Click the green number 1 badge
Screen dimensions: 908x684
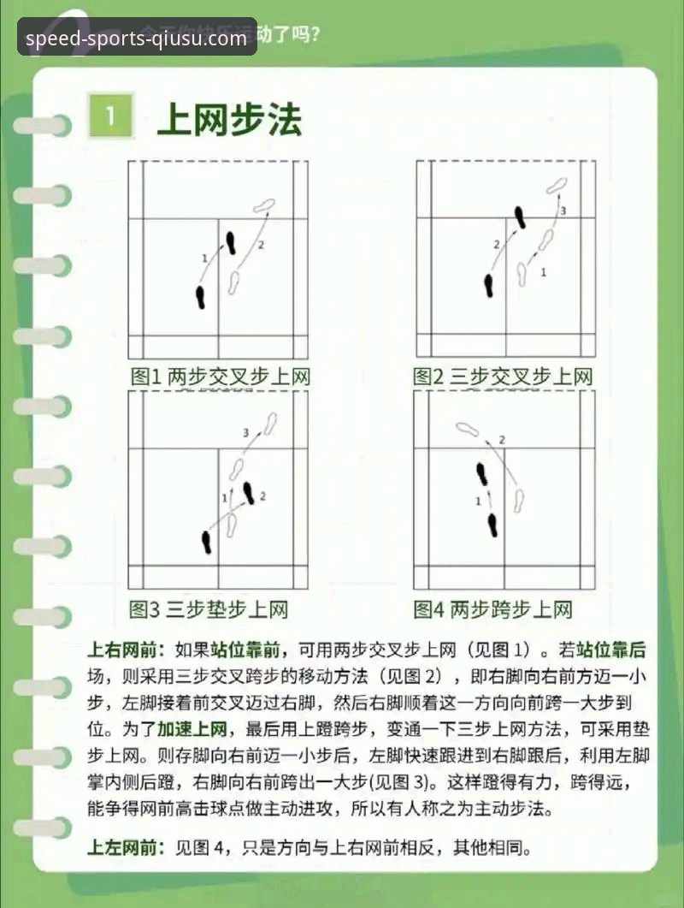(x=111, y=117)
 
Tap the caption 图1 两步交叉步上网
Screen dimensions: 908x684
(x=219, y=377)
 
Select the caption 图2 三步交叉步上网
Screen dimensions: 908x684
(x=503, y=377)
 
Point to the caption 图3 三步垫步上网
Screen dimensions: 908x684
(x=208, y=609)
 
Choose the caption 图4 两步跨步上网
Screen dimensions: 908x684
(x=492, y=609)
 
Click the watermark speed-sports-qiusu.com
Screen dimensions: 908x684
(x=137, y=39)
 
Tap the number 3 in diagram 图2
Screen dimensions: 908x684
(x=563, y=210)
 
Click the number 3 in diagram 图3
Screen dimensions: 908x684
(x=246, y=433)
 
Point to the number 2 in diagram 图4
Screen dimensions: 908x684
(x=502, y=440)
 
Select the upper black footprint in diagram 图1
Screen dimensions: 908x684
(x=231, y=243)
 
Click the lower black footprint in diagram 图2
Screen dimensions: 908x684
(x=489, y=285)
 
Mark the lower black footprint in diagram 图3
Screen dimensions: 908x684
(x=207, y=541)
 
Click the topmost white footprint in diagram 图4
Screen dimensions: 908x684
(x=467, y=428)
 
